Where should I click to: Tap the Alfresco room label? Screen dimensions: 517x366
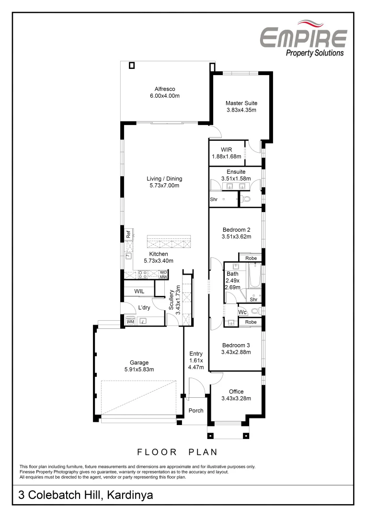point(164,89)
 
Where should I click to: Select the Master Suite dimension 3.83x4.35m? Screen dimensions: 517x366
point(241,110)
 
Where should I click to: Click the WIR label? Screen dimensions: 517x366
point(227,149)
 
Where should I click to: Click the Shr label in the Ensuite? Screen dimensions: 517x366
point(214,199)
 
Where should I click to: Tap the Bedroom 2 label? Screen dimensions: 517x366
point(236,229)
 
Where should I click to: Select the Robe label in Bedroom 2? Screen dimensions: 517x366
point(251,258)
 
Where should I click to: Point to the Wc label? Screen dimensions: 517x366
point(242,312)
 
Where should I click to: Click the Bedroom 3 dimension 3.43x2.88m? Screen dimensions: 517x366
point(236,352)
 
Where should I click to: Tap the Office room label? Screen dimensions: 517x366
point(236,391)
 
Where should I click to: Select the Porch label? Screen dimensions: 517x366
point(195,410)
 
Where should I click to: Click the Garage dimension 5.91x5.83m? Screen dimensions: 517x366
point(139,369)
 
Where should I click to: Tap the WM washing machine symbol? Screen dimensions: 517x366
point(130,322)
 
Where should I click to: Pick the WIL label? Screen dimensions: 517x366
point(139,291)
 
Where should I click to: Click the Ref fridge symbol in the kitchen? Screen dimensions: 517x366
point(128,235)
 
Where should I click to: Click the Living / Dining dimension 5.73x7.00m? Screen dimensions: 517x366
point(164,185)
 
